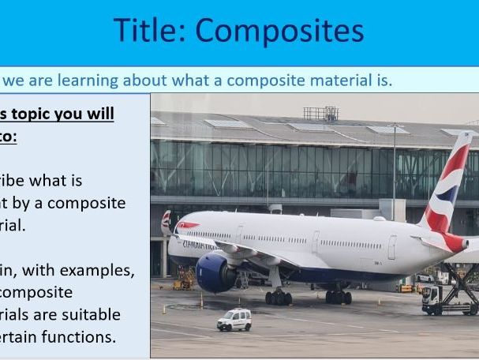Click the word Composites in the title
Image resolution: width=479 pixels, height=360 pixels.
(x=279, y=31)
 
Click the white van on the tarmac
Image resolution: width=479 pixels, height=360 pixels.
(x=234, y=320)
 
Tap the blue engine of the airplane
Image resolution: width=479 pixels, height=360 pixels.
(x=214, y=272)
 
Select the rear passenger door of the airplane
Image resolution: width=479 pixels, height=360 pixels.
(x=392, y=247)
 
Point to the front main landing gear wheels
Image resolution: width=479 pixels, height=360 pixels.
(x=279, y=297)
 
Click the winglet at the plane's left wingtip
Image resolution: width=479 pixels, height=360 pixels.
(x=167, y=223)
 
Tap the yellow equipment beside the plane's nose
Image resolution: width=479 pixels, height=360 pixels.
(x=185, y=278)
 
